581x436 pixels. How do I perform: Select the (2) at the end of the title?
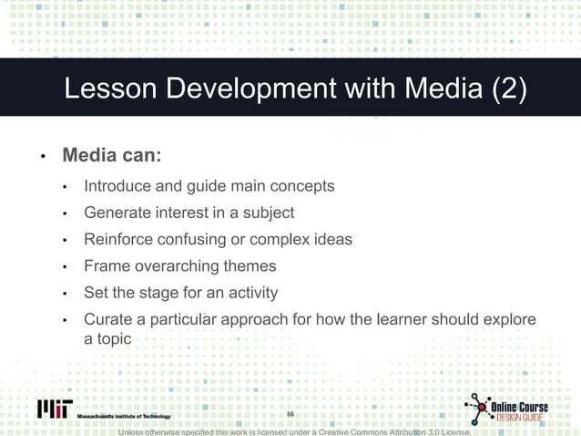pyautogui.click(x=506, y=92)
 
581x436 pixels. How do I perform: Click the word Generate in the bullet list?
pyautogui.click(x=117, y=213)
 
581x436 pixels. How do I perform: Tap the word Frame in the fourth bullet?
pyautogui.click(x=106, y=266)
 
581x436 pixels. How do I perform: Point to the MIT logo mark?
pyautogui.click(x=56, y=409)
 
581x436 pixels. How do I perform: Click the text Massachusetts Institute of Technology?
pyautogui.click(x=124, y=416)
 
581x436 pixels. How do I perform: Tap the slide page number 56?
pyautogui.click(x=290, y=415)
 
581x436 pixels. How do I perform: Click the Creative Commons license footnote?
pyautogui.click(x=295, y=431)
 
